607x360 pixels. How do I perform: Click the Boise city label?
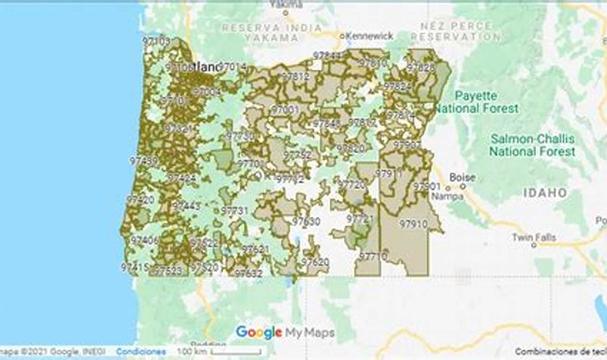point(462,177)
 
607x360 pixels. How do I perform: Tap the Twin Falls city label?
point(533,237)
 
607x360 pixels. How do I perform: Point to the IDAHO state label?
point(545,193)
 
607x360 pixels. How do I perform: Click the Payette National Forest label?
point(476,102)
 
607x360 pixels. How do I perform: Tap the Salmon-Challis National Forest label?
point(532,145)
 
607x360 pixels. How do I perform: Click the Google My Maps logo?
point(285,332)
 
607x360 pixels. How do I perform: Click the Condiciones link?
point(141,351)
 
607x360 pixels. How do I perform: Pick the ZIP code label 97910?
point(413,223)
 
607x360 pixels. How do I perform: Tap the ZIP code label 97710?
point(373,256)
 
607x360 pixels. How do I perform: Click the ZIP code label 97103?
point(156,41)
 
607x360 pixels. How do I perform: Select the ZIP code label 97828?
point(421,67)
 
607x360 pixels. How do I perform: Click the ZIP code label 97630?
point(306,221)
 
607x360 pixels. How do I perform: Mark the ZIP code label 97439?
point(144,161)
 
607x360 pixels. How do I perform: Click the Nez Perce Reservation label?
point(455,31)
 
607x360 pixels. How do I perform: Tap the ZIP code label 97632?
point(248,273)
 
